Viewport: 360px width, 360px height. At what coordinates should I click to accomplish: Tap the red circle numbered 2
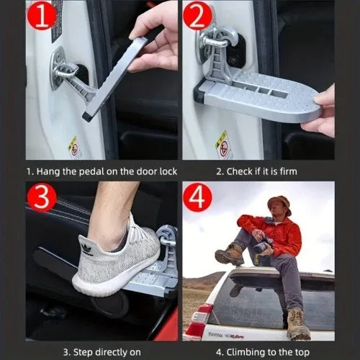coord(198,16)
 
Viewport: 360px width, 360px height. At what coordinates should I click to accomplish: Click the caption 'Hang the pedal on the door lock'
coord(102,171)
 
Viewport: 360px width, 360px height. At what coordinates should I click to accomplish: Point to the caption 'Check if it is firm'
coord(257,171)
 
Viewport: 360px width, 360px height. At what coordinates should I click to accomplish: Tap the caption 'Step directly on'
coord(102,352)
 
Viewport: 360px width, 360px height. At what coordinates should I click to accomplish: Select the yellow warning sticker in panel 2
coord(224,144)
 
